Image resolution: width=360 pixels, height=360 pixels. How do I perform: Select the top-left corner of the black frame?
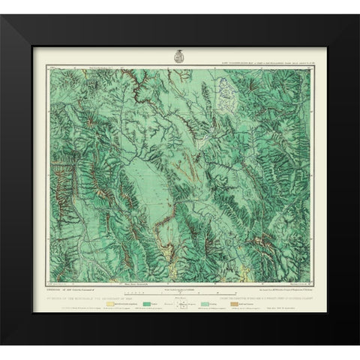pos(3,3)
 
